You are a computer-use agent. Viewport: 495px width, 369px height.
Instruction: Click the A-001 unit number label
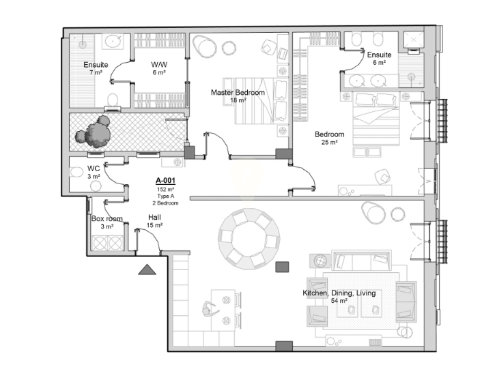(x=165, y=181)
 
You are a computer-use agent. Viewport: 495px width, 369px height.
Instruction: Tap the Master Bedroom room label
(x=238, y=92)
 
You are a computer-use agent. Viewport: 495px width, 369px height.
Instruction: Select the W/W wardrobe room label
(x=159, y=65)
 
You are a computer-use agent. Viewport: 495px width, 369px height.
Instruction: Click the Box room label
(x=107, y=218)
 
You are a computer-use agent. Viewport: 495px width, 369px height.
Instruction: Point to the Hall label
(x=154, y=218)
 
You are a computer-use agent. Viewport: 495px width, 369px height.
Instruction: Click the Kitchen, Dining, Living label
(x=339, y=293)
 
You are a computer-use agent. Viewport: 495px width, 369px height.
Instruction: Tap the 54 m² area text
(x=339, y=301)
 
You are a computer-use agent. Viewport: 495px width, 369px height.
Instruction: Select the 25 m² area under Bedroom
(x=330, y=143)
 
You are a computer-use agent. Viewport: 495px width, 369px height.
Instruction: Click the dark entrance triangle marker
(x=147, y=269)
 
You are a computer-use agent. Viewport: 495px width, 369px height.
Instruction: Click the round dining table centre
(x=249, y=239)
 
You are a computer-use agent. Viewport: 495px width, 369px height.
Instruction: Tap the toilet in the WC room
(x=75, y=173)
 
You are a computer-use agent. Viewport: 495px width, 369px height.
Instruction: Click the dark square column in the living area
(x=282, y=267)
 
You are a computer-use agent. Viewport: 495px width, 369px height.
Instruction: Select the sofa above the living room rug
(x=361, y=261)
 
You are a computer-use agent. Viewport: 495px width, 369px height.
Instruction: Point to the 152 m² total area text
(x=166, y=190)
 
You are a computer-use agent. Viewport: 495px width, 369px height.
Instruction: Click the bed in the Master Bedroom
(x=255, y=101)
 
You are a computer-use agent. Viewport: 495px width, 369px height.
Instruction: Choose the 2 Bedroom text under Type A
(x=165, y=203)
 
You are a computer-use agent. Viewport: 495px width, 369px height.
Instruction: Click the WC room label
(x=94, y=168)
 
